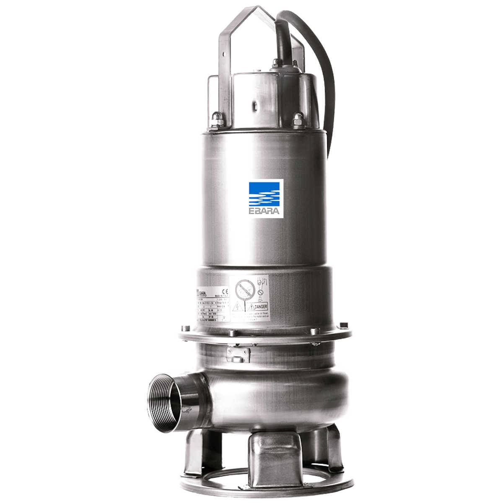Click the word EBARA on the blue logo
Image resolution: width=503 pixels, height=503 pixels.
pyautogui.click(x=266, y=211)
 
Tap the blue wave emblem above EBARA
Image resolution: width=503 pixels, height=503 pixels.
pyautogui.click(x=266, y=193)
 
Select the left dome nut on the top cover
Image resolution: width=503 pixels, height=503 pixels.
pyautogui.click(x=218, y=120)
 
